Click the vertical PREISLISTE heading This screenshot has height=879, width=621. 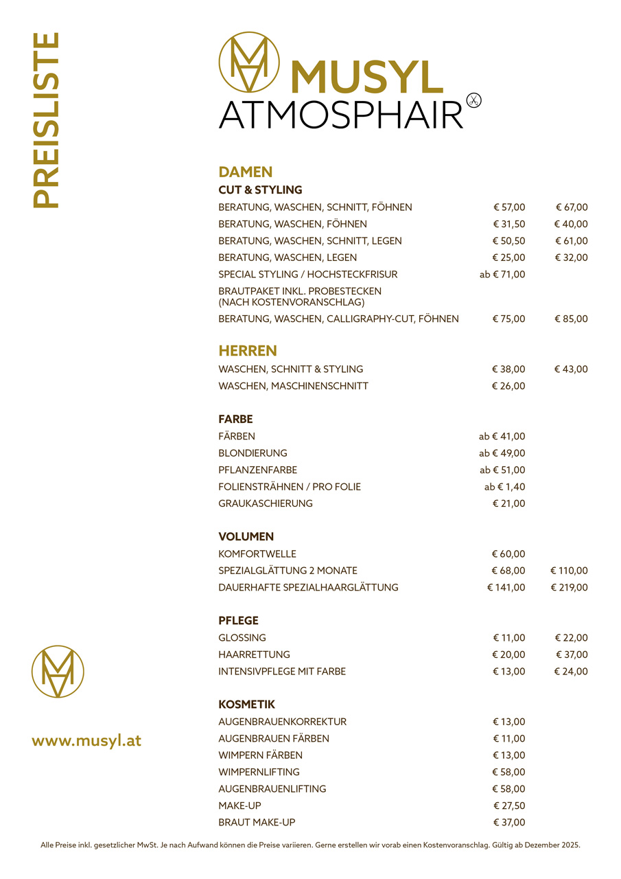click(46, 119)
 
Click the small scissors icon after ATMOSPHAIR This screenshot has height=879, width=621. click(473, 100)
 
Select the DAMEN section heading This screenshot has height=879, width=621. click(246, 172)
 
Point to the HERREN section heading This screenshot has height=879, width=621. click(248, 351)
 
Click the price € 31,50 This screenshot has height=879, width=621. click(508, 224)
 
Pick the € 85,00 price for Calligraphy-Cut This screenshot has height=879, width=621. click(571, 319)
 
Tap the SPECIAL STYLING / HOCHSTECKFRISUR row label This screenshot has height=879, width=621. click(307, 274)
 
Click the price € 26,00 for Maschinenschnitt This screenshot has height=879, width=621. click(508, 386)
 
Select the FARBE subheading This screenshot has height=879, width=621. click(235, 419)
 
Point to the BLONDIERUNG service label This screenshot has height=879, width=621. click(253, 453)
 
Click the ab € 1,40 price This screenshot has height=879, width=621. click(504, 487)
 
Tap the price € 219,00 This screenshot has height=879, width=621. click(569, 587)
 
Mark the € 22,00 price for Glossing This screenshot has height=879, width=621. click(571, 637)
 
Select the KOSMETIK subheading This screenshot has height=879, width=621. click(246, 705)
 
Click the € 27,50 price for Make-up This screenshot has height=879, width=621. click(508, 806)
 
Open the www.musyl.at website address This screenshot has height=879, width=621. click(86, 741)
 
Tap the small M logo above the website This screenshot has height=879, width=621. click(58, 672)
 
